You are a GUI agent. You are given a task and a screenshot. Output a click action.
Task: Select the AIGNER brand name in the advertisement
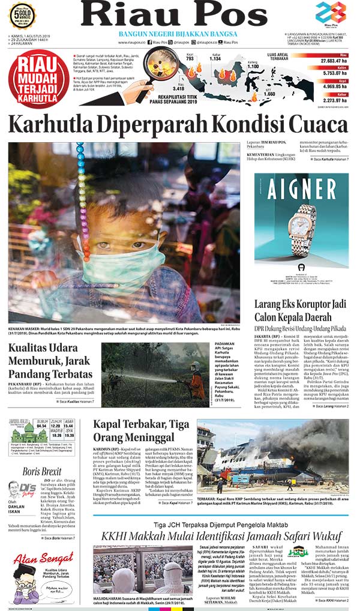click(x=301, y=188)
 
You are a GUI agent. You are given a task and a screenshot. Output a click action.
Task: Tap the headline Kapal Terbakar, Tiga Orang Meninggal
click(x=142, y=432)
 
